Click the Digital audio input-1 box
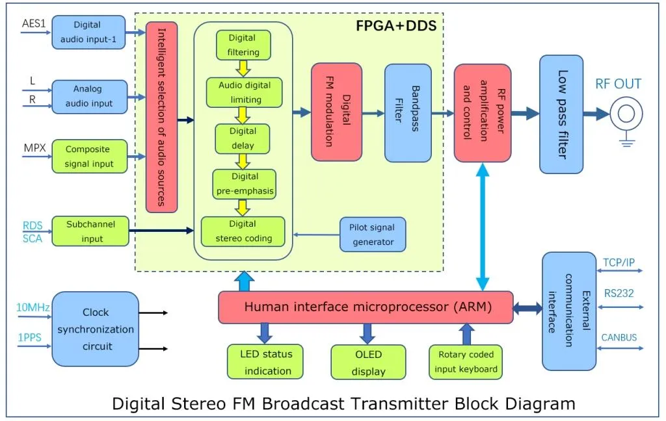[88, 32]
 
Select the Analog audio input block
[88, 96]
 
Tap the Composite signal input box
[88, 157]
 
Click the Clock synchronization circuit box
[95, 329]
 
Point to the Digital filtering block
[243, 45]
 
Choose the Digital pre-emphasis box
[244, 184]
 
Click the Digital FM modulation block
[336, 112]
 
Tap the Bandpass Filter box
[408, 112]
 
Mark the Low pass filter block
[561, 114]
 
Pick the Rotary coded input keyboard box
[466, 362]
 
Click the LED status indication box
[265, 362]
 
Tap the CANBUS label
[619, 337]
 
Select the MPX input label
[34, 149]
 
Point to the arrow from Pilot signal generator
[315, 235]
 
